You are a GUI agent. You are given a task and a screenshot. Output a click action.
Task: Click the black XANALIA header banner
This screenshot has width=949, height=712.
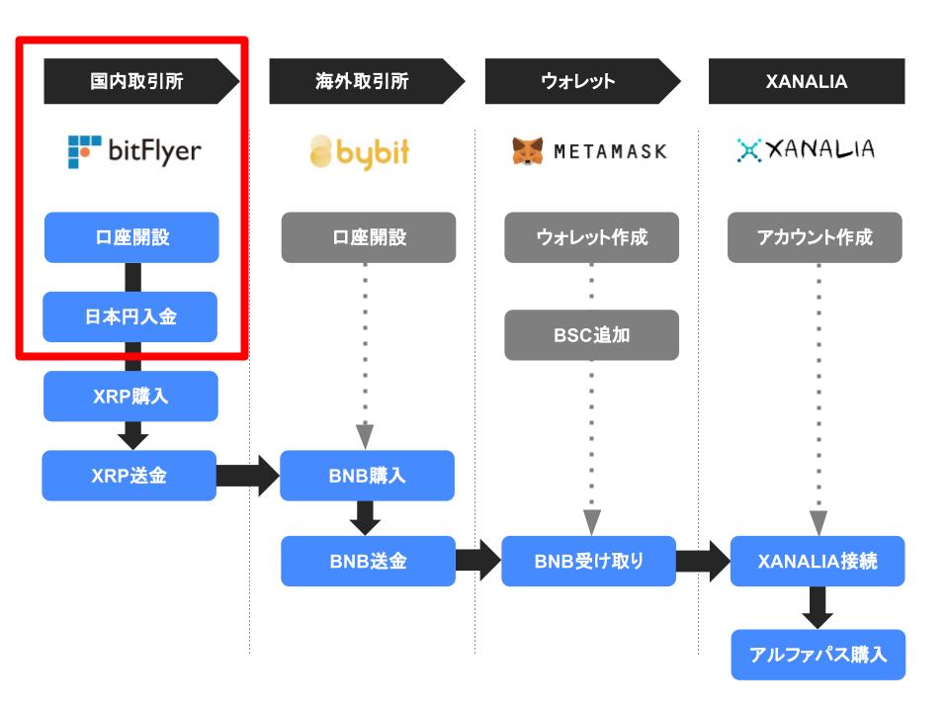(807, 81)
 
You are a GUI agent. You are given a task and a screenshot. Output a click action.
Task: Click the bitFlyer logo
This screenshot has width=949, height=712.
(134, 151)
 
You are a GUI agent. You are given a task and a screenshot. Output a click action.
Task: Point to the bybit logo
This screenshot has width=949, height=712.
(360, 152)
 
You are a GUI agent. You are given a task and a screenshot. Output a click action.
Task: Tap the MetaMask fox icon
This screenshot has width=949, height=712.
(527, 150)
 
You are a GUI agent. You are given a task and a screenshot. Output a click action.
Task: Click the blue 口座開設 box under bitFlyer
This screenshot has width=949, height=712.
(131, 237)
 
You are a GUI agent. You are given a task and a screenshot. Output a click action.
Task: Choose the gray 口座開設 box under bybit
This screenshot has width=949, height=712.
(369, 237)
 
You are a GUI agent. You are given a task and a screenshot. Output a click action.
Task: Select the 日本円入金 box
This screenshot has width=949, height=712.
(130, 316)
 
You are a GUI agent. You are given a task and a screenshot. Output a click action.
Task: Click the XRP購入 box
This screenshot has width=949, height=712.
(130, 396)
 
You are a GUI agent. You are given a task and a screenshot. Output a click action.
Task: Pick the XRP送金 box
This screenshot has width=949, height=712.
(129, 476)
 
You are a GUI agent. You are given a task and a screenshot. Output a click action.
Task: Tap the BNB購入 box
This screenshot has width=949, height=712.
(368, 476)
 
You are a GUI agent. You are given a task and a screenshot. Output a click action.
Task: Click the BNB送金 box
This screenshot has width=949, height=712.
(368, 561)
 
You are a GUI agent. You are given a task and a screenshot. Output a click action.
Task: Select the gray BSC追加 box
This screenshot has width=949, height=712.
(592, 335)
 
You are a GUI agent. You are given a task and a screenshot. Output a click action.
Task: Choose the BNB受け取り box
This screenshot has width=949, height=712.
(589, 561)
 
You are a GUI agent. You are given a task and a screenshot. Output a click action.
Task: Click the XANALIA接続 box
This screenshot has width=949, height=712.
(818, 561)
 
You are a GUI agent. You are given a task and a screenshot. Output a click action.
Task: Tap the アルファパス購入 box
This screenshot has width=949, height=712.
(819, 655)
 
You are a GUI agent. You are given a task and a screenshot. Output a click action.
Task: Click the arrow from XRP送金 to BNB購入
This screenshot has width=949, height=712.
(248, 476)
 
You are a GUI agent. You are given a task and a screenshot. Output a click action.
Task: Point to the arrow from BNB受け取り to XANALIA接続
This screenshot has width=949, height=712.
(703, 562)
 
